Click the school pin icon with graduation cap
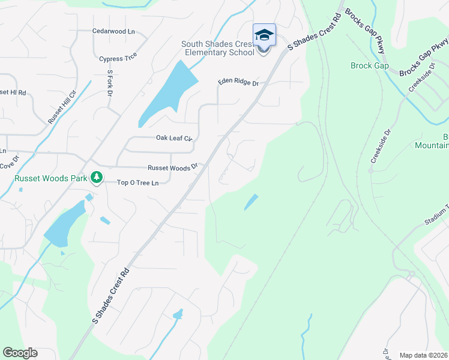264,36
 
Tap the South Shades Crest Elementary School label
220,49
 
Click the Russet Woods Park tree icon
95,178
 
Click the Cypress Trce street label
118,57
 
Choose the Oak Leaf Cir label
173,138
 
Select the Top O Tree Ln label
137,182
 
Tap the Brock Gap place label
369,66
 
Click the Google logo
20,352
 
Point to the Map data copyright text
423,355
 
